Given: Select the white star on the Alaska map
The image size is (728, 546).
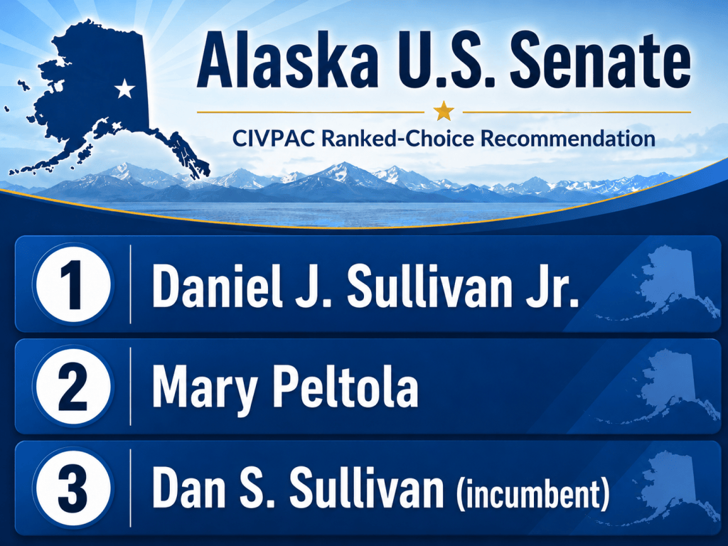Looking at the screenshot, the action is click(124, 89).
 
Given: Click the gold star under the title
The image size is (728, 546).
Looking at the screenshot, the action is click(444, 112).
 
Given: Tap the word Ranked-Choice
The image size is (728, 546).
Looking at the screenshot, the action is click(390, 139).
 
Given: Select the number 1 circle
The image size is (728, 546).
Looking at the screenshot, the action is click(73, 284).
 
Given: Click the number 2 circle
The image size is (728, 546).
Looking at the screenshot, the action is click(73, 386).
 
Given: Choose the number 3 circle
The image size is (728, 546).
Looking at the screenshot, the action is click(73, 488).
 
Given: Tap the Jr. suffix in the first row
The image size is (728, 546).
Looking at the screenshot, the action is click(552, 285).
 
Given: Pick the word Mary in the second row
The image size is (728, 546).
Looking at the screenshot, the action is click(205, 387).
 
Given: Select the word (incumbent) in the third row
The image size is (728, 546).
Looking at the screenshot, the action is click(532, 493).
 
